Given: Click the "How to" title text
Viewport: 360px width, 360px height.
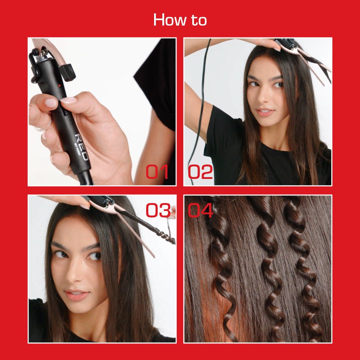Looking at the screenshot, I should click(180, 19).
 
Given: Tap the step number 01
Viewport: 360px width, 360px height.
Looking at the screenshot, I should click(157, 172).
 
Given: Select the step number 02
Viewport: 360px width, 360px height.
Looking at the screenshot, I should click(200, 172).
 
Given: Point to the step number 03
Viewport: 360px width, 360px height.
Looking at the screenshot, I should click(158, 211).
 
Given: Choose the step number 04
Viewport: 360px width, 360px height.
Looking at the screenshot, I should click(201, 211).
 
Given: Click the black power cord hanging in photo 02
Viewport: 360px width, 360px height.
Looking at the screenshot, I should click(202, 108).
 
